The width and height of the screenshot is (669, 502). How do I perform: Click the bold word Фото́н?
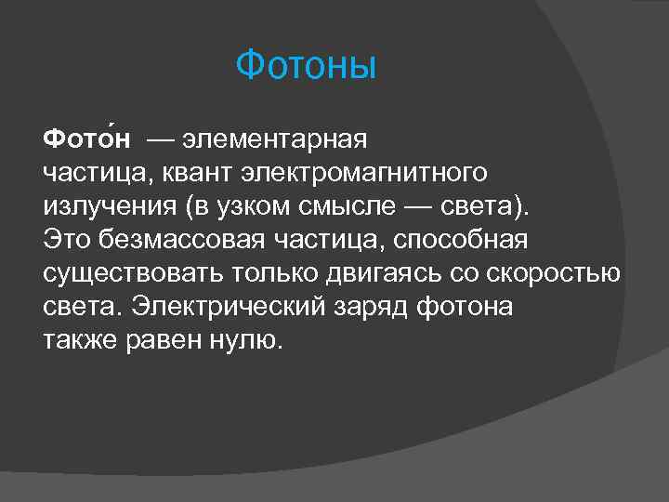click(86, 140)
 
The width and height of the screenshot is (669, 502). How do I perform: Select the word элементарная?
click(275, 140)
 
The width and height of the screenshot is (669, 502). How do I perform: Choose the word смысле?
click(348, 206)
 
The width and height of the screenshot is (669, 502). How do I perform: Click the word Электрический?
click(219, 307)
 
